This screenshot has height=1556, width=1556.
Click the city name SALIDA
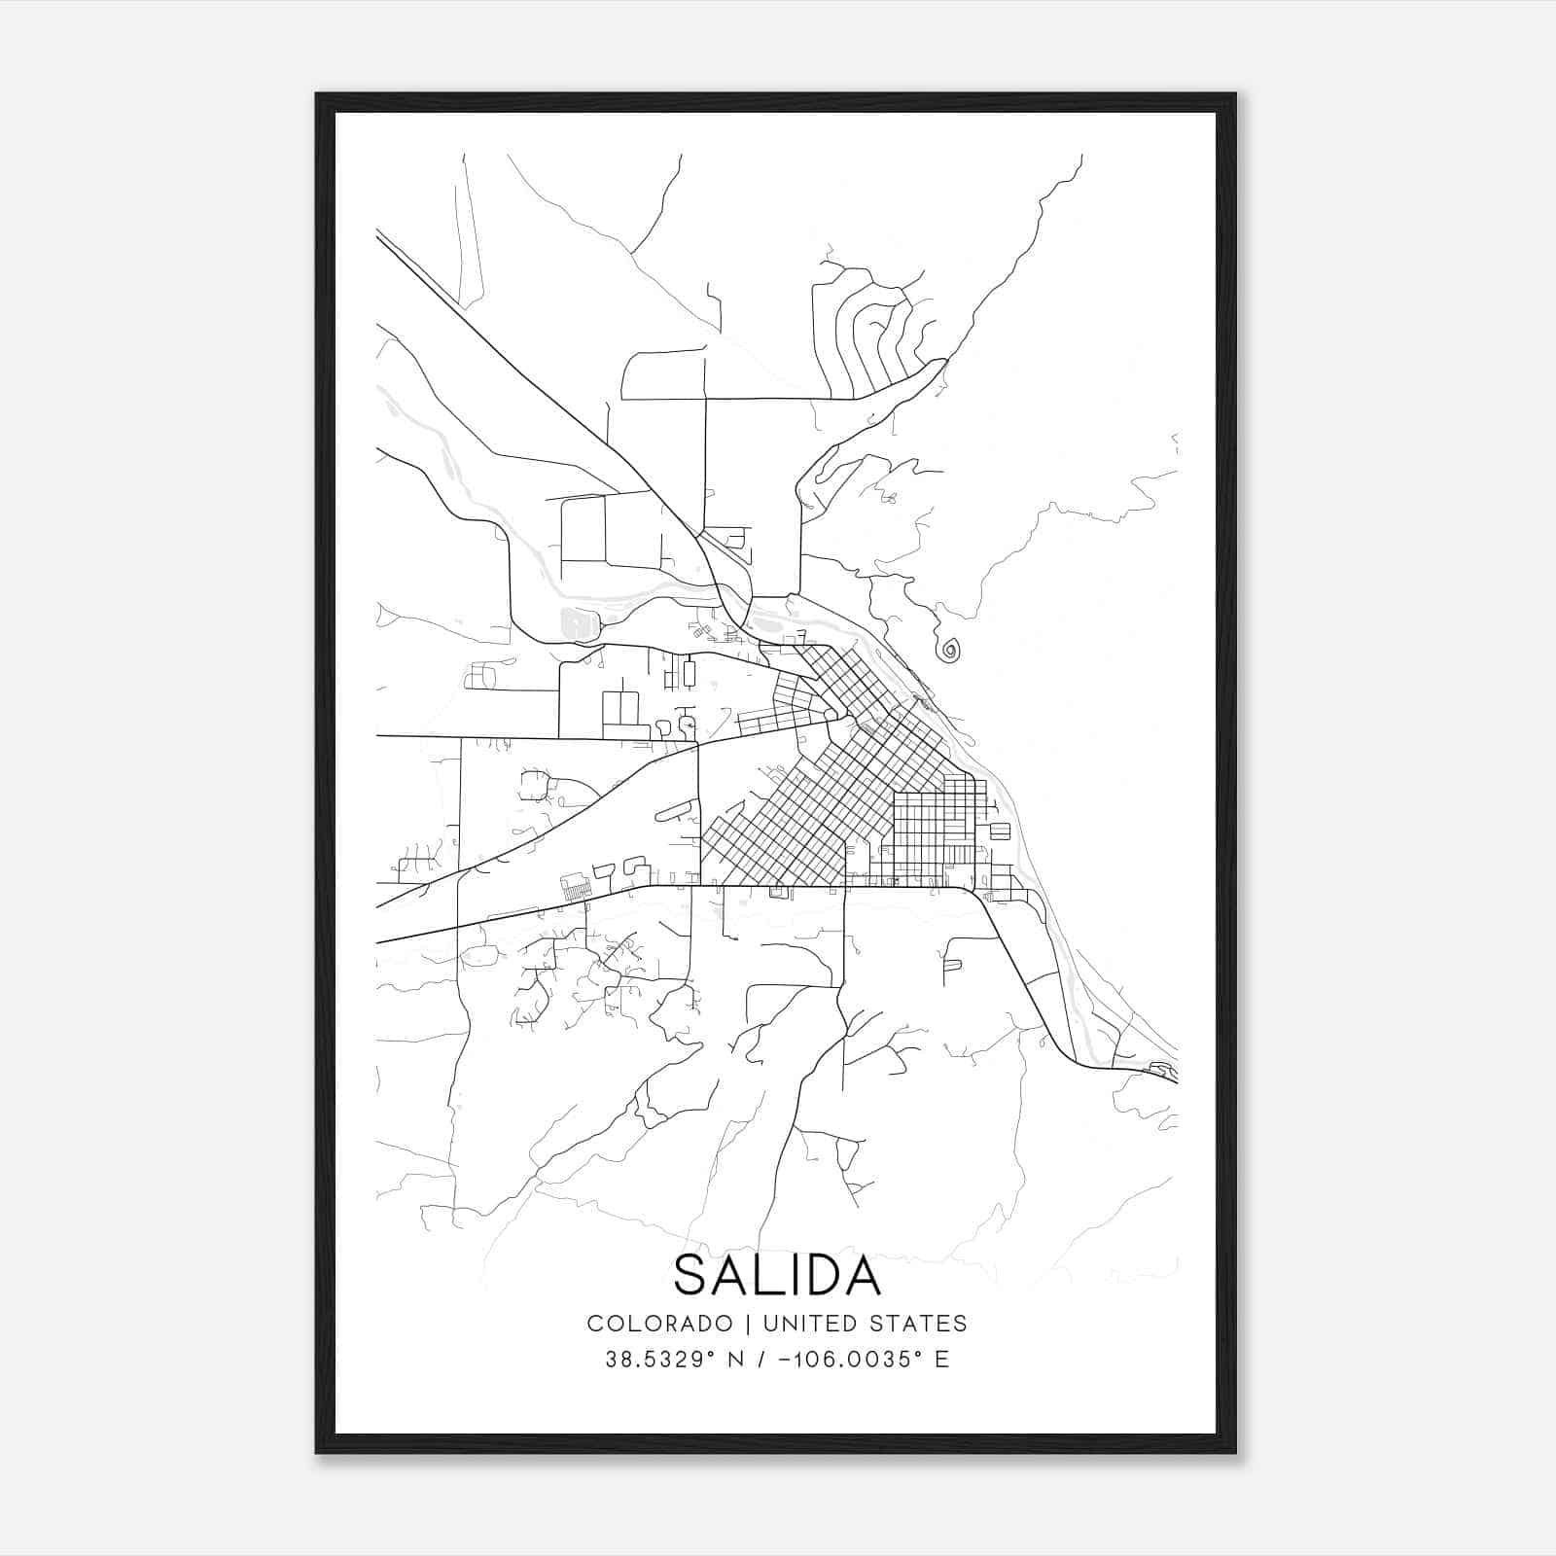coord(777,1275)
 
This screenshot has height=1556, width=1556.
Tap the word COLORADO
coord(659,1324)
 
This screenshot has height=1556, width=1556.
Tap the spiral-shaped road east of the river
coord(949,649)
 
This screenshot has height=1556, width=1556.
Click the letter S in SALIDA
coord(691,1275)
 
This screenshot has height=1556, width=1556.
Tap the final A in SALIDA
coord(861,1275)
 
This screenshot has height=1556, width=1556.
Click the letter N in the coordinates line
coord(737,1360)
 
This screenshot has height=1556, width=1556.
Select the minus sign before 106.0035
coord(786,1360)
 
